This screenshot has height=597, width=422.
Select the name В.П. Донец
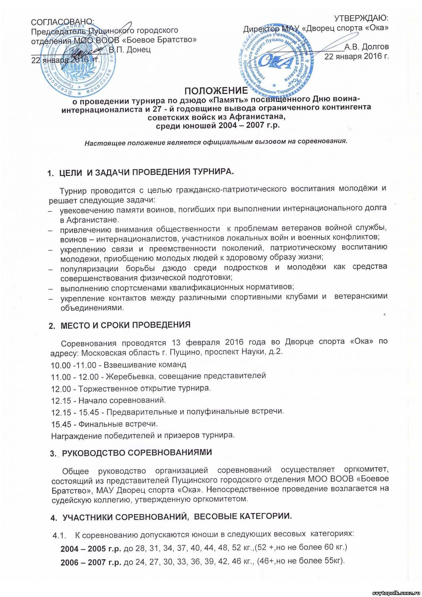click(x=130, y=50)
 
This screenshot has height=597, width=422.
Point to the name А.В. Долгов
click(x=367, y=47)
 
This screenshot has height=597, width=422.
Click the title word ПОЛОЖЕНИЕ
click(x=216, y=91)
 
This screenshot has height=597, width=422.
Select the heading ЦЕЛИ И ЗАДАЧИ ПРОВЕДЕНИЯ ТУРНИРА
click(x=146, y=172)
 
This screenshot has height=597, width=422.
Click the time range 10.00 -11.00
click(x=70, y=364)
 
